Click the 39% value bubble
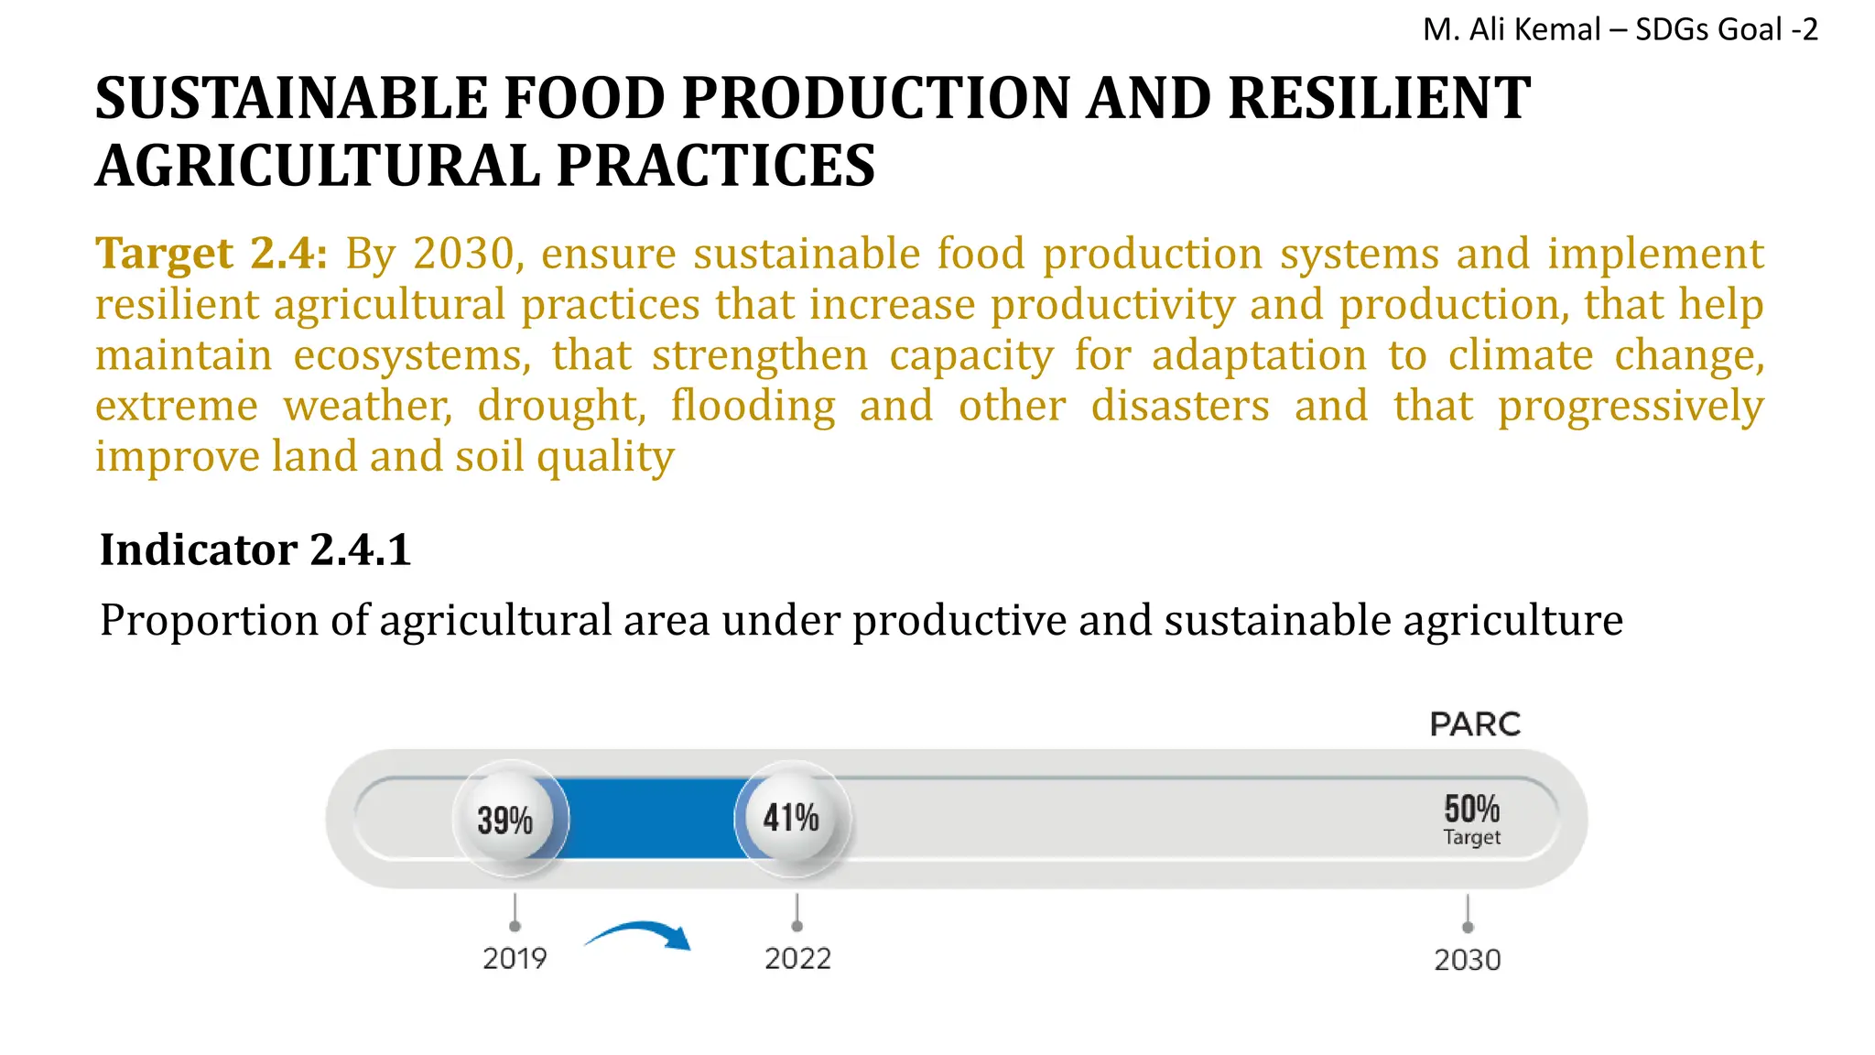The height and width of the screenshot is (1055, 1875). point(505,819)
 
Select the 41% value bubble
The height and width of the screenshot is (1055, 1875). point(792,817)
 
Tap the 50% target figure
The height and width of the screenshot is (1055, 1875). point(1471,809)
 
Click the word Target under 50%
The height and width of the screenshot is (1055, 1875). point(1471,837)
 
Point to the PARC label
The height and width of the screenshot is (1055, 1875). point(1474,724)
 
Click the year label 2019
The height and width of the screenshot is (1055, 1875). point(515,959)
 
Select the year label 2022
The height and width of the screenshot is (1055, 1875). point(797,959)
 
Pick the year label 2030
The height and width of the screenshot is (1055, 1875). point(1467,960)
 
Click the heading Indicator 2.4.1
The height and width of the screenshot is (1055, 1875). point(255,549)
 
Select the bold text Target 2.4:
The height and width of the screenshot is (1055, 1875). point(211,254)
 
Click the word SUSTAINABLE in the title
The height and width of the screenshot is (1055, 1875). point(291,98)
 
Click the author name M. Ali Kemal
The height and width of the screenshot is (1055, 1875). point(1511,29)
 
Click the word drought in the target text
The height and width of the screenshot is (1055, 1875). point(560,406)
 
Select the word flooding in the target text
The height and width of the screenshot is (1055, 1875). point(753,406)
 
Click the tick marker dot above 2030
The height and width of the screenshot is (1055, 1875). point(1468,927)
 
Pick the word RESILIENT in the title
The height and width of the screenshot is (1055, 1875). point(1378,98)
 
